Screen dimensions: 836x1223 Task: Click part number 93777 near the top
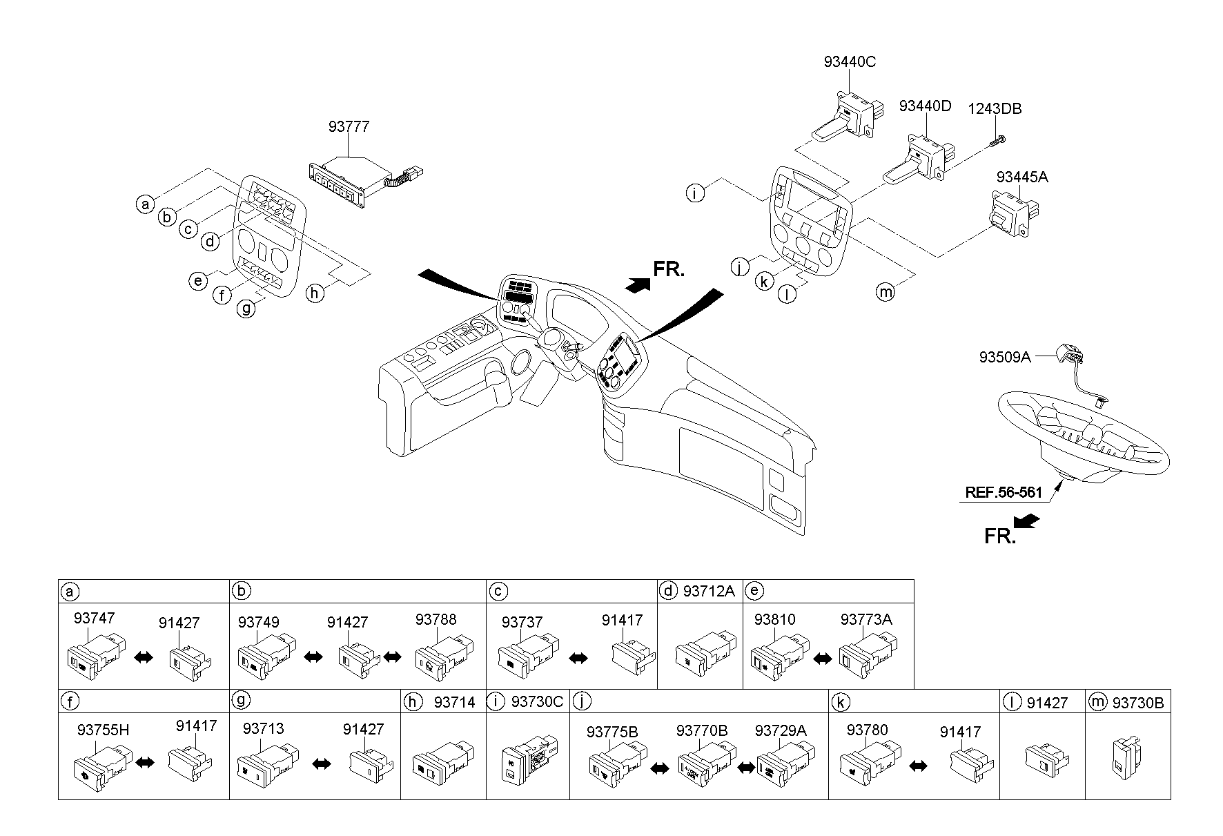click(x=349, y=127)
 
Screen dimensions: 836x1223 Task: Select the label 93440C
click(x=849, y=62)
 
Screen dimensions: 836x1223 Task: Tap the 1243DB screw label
click(x=995, y=109)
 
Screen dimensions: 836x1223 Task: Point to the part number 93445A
click(x=1021, y=177)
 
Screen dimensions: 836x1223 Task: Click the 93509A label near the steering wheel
click(x=1004, y=357)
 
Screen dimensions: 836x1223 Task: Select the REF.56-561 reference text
click(x=1003, y=493)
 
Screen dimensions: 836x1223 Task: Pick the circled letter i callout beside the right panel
click(x=696, y=193)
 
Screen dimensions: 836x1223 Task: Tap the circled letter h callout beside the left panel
click(x=315, y=293)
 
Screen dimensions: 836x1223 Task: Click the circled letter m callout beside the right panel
click(x=886, y=292)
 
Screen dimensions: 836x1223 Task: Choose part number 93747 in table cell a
click(x=94, y=619)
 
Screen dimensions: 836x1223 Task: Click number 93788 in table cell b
click(x=436, y=620)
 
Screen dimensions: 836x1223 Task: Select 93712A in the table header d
click(x=710, y=592)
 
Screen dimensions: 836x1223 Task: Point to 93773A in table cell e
click(x=865, y=620)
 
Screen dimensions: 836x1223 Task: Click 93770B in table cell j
click(x=702, y=730)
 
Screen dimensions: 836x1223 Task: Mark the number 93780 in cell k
click(x=867, y=730)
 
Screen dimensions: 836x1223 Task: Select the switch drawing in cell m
click(x=1126, y=758)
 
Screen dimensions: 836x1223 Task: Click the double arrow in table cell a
click(x=144, y=658)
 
